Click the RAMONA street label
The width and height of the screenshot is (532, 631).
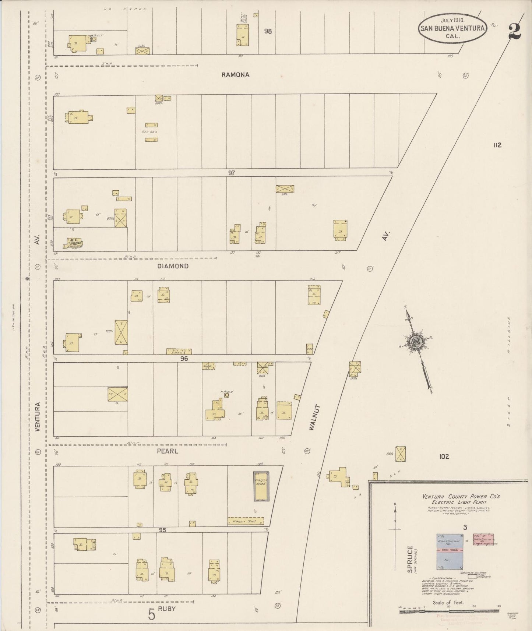coord(235,75)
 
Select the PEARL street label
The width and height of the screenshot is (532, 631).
coord(168,451)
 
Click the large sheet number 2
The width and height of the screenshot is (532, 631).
coord(514,31)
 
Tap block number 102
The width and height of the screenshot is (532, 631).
coord(444,456)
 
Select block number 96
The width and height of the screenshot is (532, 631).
coord(184,358)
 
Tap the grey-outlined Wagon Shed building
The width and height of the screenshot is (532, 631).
coord(261,486)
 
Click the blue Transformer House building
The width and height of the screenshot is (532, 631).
coord(449,552)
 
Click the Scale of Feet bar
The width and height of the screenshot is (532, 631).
coord(450,611)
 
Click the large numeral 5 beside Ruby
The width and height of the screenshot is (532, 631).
coord(152,614)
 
